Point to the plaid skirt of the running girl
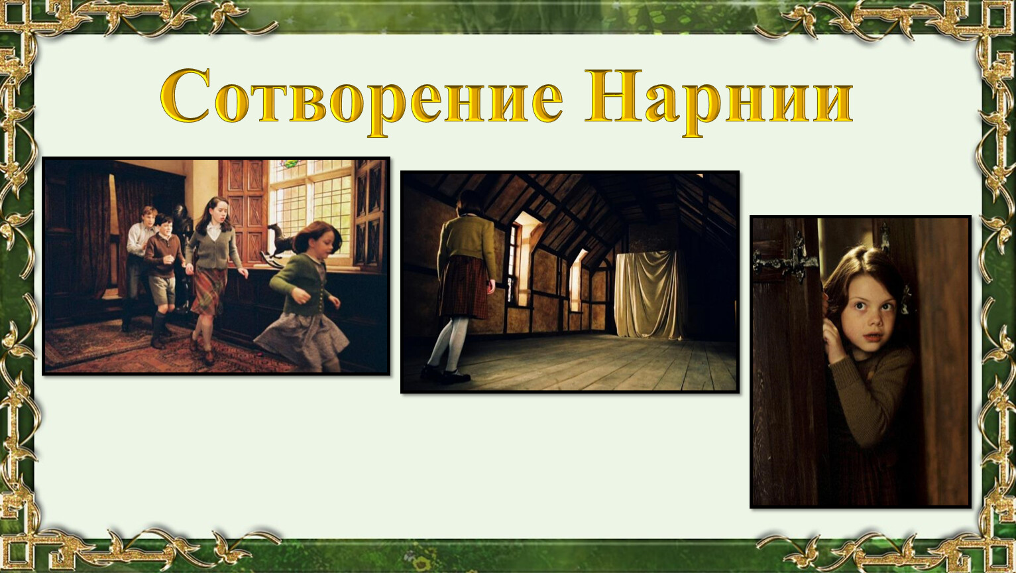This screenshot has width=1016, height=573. [209, 290]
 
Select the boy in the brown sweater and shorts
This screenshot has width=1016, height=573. [163, 277]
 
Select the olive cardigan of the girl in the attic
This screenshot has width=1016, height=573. [467, 245]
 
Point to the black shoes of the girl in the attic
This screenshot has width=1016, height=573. [445, 374]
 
